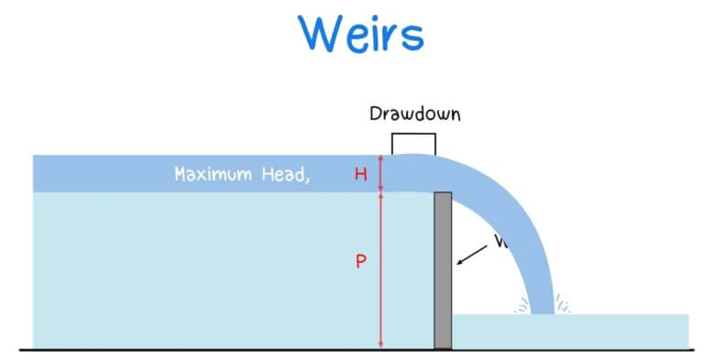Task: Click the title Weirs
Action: (x=361, y=33)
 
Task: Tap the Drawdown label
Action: (x=413, y=115)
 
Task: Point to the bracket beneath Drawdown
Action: (x=413, y=136)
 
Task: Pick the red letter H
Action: (x=361, y=174)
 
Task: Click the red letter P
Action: (x=361, y=261)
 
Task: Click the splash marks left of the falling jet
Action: (x=522, y=305)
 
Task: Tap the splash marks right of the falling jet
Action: (x=564, y=305)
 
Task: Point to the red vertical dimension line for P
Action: (x=381, y=275)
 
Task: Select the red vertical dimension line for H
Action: (x=381, y=173)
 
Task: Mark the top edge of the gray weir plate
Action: (x=443, y=193)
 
